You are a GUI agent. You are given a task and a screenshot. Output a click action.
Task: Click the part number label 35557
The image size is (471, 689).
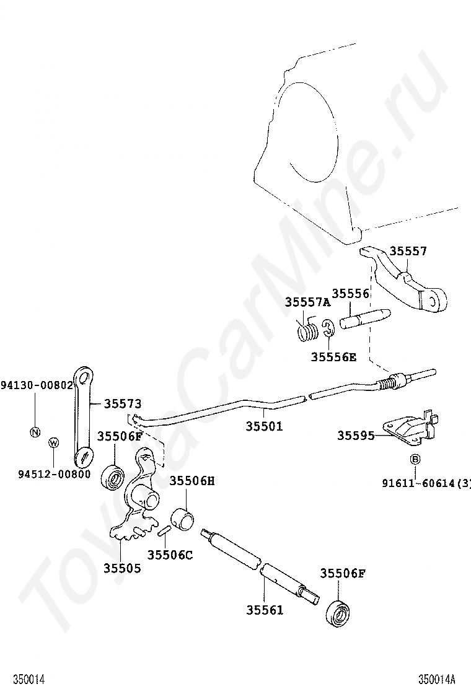tap(408, 251)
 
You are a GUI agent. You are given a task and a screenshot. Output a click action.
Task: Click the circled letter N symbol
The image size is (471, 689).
tap(35, 432)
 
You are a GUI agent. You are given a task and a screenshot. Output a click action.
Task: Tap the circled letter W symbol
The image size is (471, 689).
tap(54, 442)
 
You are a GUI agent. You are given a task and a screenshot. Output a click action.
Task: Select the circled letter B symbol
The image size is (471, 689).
tap(415, 459)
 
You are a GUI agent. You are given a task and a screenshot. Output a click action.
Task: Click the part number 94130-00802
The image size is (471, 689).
tap(37, 385)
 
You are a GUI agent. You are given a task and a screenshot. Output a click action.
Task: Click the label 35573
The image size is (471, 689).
tap(122, 403)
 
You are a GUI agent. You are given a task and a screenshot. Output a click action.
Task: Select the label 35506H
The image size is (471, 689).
tap(192, 480)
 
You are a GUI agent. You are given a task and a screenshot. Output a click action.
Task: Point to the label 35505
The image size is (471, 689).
tap(121, 568)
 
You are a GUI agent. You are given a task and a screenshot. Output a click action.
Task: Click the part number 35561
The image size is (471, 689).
tap(264, 610)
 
